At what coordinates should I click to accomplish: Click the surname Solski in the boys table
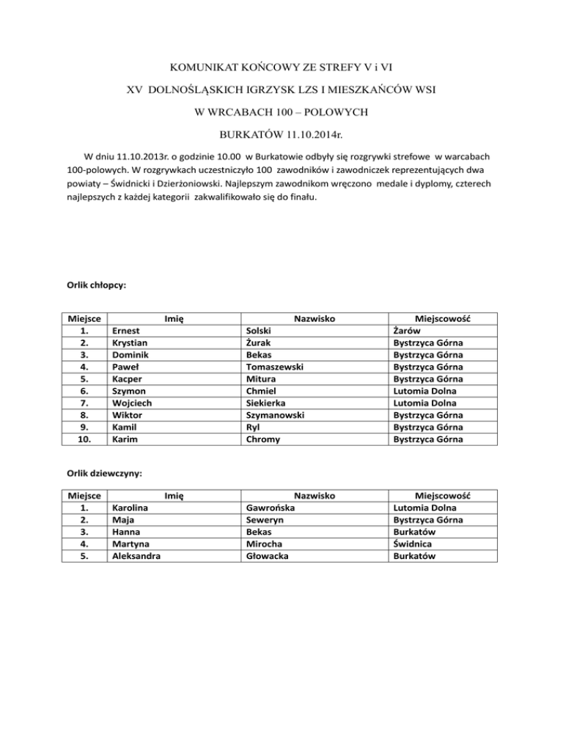point(262,331)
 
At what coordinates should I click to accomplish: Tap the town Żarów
point(407,331)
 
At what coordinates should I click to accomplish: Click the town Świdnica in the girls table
point(413,543)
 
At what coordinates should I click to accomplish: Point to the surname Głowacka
point(269,556)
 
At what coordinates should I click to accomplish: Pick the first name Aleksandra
point(136,556)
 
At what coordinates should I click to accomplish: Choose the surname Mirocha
point(265,543)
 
